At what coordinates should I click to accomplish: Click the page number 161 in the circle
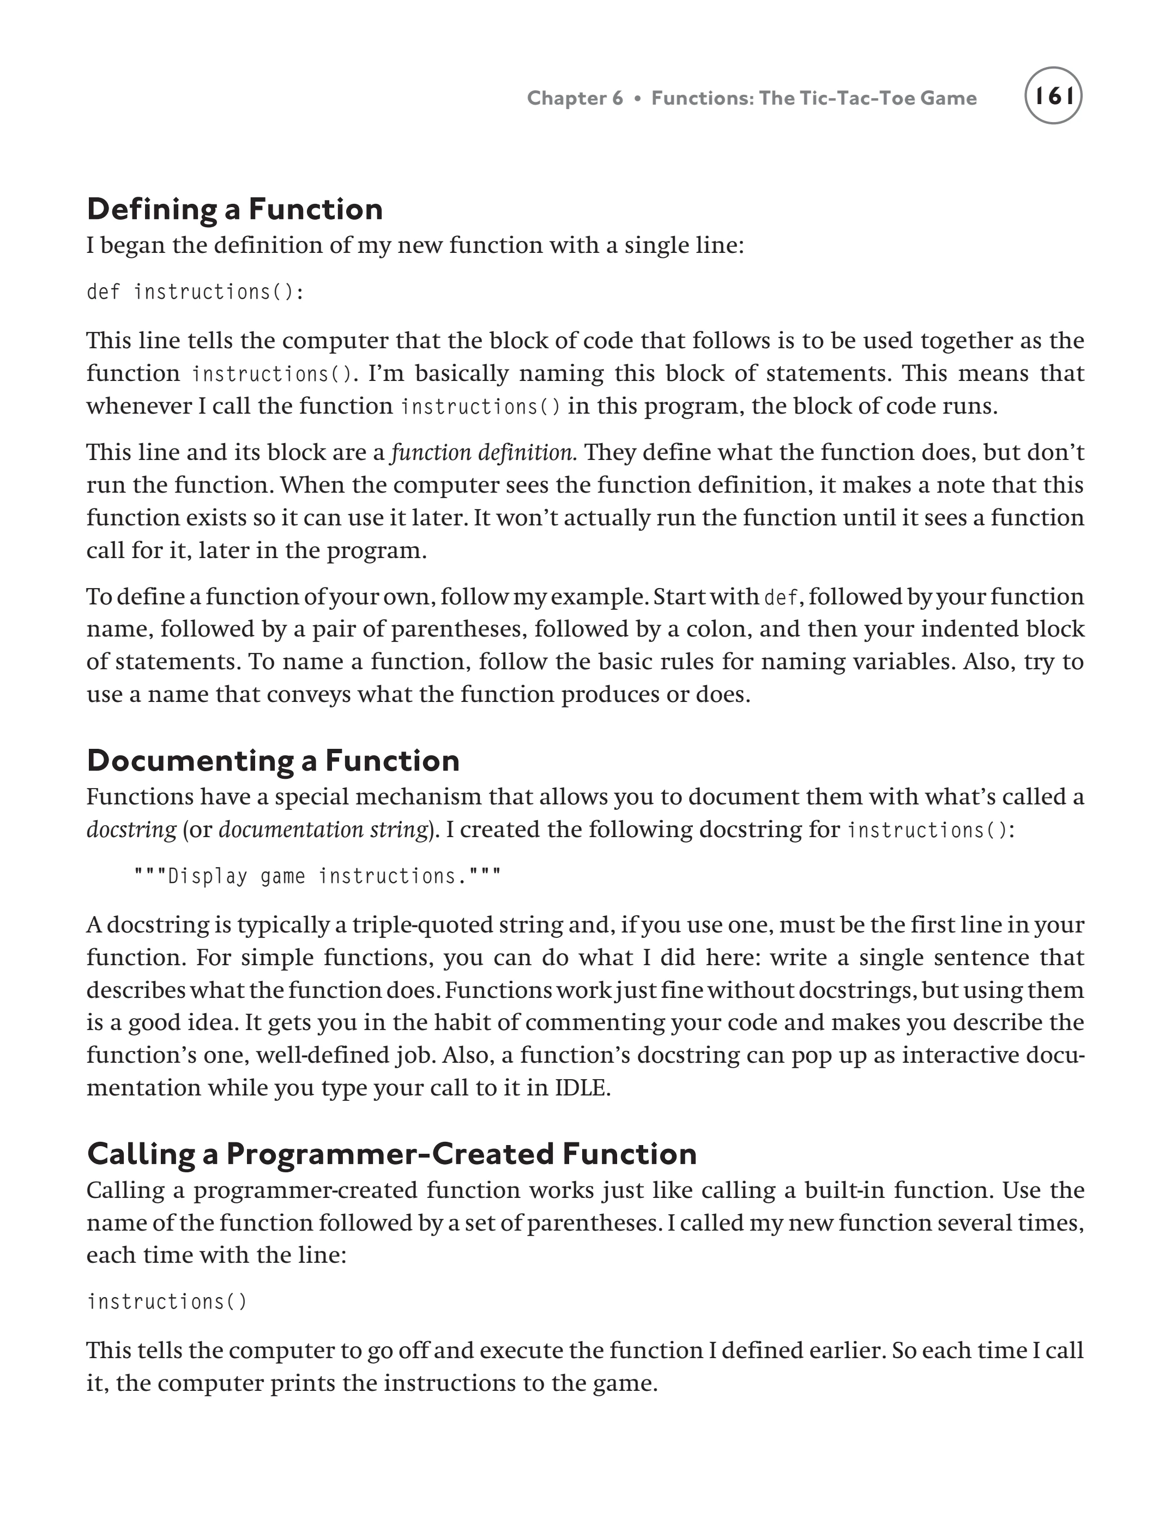point(1053,96)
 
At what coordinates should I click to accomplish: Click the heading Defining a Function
point(235,209)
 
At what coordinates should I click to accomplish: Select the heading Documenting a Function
point(273,760)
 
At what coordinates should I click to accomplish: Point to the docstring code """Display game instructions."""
point(317,876)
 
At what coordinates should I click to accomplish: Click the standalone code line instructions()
point(167,1301)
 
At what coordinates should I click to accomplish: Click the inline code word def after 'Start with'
point(781,597)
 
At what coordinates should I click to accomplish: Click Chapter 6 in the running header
point(575,98)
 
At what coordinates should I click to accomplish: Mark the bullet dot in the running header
point(637,98)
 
